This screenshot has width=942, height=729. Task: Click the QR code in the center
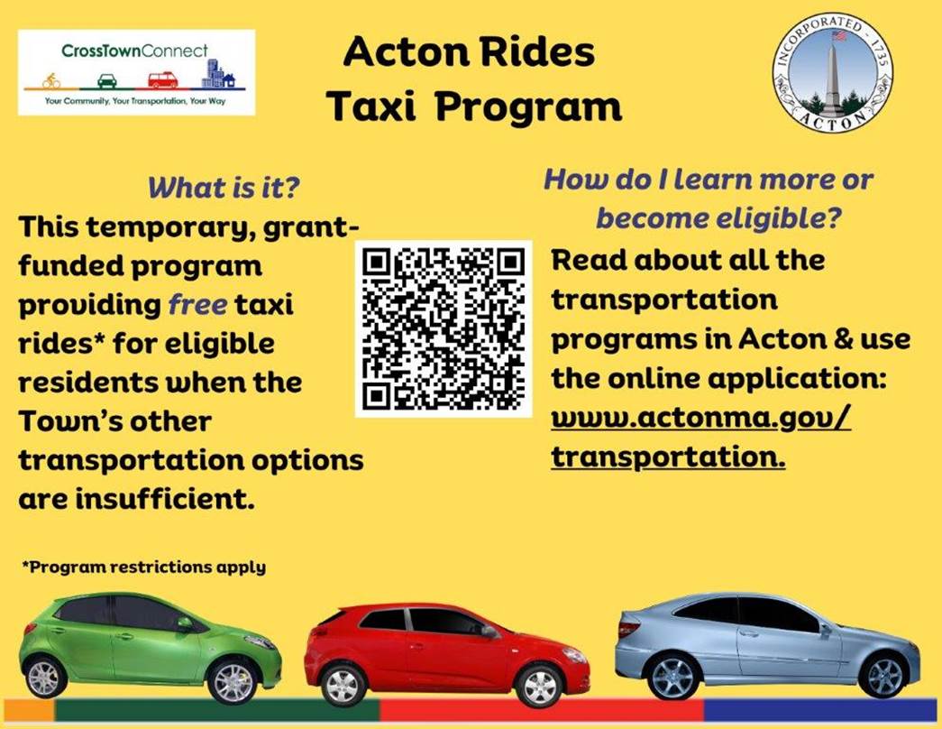click(x=444, y=328)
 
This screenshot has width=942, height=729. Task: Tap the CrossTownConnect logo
click(x=136, y=72)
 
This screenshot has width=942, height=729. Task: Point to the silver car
click(x=766, y=645)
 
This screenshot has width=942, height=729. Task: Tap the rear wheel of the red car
click(x=343, y=685)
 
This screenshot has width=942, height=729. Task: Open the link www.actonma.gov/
click(x=700, y=418)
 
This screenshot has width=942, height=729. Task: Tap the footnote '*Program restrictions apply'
click(x=144, y=568)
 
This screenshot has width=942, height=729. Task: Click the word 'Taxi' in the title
click(x=370, y=106)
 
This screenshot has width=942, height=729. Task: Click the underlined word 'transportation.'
click(x=668, y=457)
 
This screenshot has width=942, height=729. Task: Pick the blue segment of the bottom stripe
click(x=819, y=708)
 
